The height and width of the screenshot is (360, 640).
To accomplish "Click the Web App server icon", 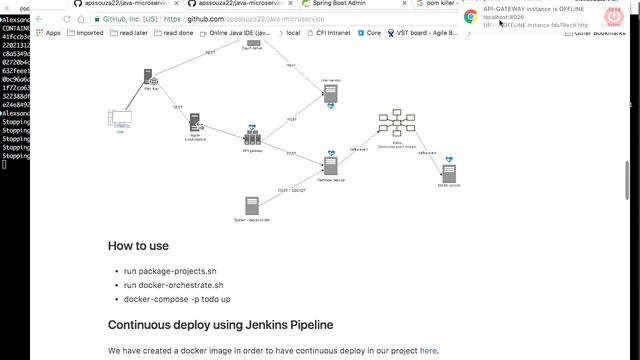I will [149, 78].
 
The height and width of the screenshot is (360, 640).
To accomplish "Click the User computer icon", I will [120, 119].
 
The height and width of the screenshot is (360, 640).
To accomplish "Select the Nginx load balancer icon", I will [196, 122].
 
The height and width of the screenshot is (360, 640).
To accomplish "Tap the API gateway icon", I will [252, 135].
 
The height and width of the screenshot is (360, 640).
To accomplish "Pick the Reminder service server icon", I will [330, 163].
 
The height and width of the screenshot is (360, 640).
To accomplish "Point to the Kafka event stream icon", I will [398, 124].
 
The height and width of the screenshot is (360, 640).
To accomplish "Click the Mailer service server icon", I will [449, 168].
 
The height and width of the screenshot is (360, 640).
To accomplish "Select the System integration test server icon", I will [252, 205].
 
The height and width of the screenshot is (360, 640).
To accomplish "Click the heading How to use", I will [138, 245].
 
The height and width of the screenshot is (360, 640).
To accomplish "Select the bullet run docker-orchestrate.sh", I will [173, 285].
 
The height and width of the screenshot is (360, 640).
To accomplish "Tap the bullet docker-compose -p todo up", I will [177, 299].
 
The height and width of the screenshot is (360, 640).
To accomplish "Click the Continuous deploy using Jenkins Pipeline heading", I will [220, 325].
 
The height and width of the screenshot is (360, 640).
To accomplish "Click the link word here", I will [428, 351].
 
